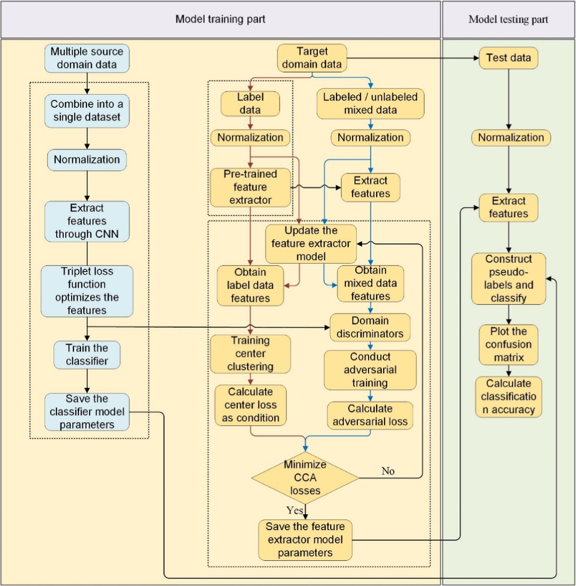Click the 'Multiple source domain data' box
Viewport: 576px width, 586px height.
click(87, 58)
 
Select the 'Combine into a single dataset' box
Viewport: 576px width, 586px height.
click(87, 111)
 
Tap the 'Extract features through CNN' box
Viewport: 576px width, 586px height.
click(87, 221)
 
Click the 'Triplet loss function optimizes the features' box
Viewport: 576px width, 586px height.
click(87, 291)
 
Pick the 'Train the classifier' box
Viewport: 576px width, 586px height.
click(87, 355)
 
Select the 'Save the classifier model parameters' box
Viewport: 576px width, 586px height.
click(87, 412)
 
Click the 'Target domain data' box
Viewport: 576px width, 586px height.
click(312, 58)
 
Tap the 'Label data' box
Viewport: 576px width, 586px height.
click(250, 103)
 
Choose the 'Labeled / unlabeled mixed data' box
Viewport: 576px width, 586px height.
click(370, 103)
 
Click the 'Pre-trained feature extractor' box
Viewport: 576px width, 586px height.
click(250, 187)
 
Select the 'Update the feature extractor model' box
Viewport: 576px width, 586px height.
click(311, 244)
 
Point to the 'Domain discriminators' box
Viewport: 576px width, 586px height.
click(370, 327)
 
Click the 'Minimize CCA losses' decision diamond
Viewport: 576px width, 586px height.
click(305, 478)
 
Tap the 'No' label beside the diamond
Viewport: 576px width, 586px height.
click(388, 471)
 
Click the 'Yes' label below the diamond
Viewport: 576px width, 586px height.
click(295, 510)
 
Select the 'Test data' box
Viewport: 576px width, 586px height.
click(508, 58)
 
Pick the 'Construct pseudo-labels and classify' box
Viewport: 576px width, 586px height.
click(508, 278)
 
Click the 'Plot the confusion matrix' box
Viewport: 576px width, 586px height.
click(508, 345)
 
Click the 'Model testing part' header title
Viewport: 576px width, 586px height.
click(508, 19)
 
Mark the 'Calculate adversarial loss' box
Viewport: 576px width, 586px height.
click(370, 415)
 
